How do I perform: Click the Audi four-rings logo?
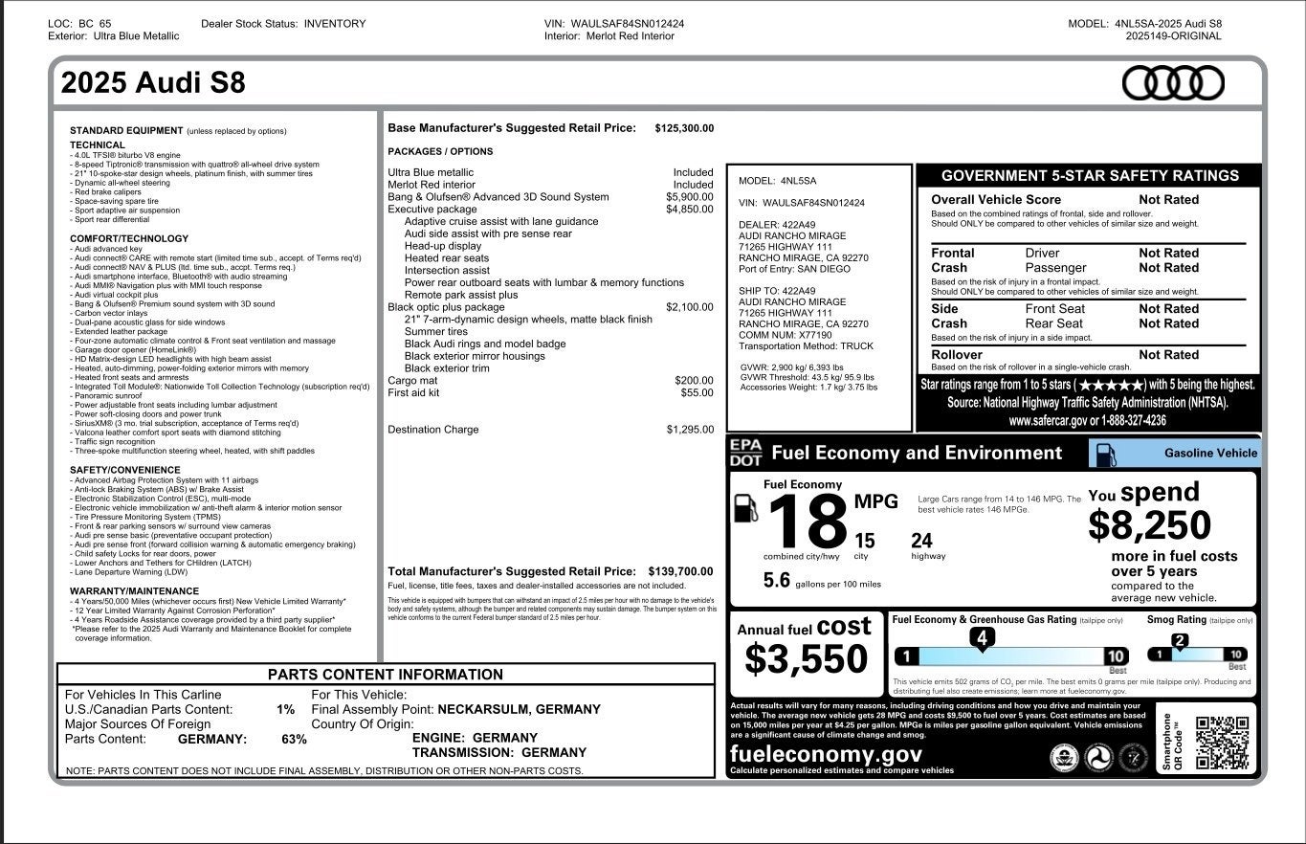1172,83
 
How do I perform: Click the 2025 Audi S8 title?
153,83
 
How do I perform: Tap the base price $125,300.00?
684,128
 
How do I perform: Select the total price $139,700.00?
680,571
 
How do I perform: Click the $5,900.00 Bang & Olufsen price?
689,197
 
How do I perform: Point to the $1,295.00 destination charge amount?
690,430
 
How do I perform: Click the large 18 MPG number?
808,522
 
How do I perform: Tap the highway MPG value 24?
921,542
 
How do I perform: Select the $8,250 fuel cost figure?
1149,524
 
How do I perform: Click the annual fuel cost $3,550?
806,659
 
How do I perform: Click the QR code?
1222,743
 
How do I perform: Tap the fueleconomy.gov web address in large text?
826,753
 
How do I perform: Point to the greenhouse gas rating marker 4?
982,637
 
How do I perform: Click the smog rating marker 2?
1180,641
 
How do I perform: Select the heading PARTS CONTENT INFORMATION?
385,675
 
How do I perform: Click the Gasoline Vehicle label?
1210,454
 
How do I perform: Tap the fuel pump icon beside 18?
745,507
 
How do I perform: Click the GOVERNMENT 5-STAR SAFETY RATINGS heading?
1089,176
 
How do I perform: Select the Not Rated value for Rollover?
1168,355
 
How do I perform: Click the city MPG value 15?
864,542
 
